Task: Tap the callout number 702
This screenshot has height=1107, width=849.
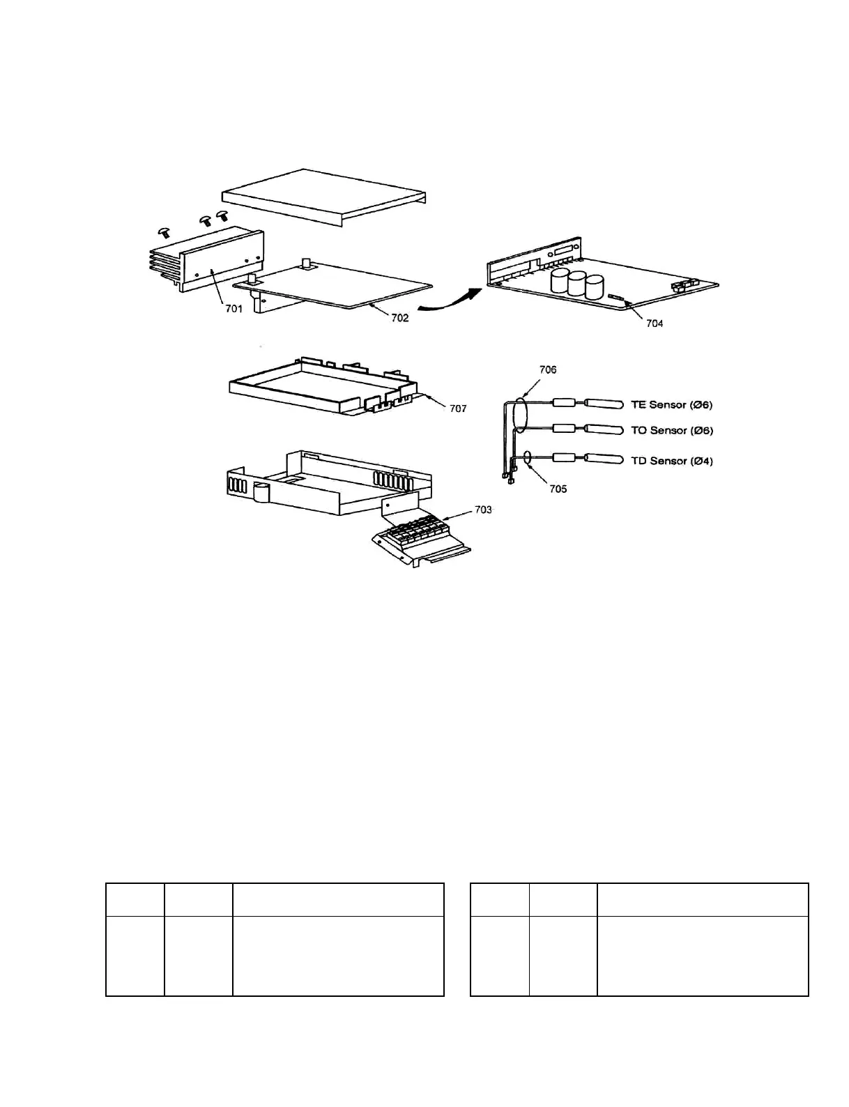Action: click(x=399, y=318)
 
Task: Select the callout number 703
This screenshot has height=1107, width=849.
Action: click(x=483, y=510)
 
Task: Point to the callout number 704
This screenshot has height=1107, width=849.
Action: click(x=654, y=323)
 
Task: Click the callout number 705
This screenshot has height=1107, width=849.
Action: click(x=558, y=489)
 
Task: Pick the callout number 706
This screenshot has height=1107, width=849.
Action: click(x=548, y=369)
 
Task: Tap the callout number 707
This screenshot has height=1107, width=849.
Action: click(x=457, y=409)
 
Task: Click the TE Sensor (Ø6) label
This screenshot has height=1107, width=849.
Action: click(x=671, y=404)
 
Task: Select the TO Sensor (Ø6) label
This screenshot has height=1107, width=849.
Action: click(x=671, y=430)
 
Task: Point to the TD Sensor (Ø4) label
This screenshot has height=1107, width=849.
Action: click(x=671, y=461)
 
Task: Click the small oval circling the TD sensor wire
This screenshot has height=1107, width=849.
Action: click(x=528, y=458)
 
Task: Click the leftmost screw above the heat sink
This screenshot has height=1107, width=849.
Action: click(x=165, y=231)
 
